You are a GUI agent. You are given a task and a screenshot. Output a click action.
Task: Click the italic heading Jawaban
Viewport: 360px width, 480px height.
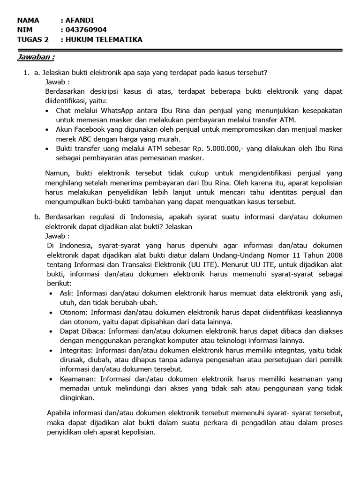click(36, 57)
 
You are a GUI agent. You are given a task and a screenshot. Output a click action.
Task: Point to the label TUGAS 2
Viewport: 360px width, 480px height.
click(32, 39)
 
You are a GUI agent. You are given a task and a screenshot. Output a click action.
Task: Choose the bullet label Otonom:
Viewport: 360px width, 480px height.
click(74, 312)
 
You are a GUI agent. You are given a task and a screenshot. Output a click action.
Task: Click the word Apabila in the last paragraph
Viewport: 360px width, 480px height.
click(60, 413)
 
